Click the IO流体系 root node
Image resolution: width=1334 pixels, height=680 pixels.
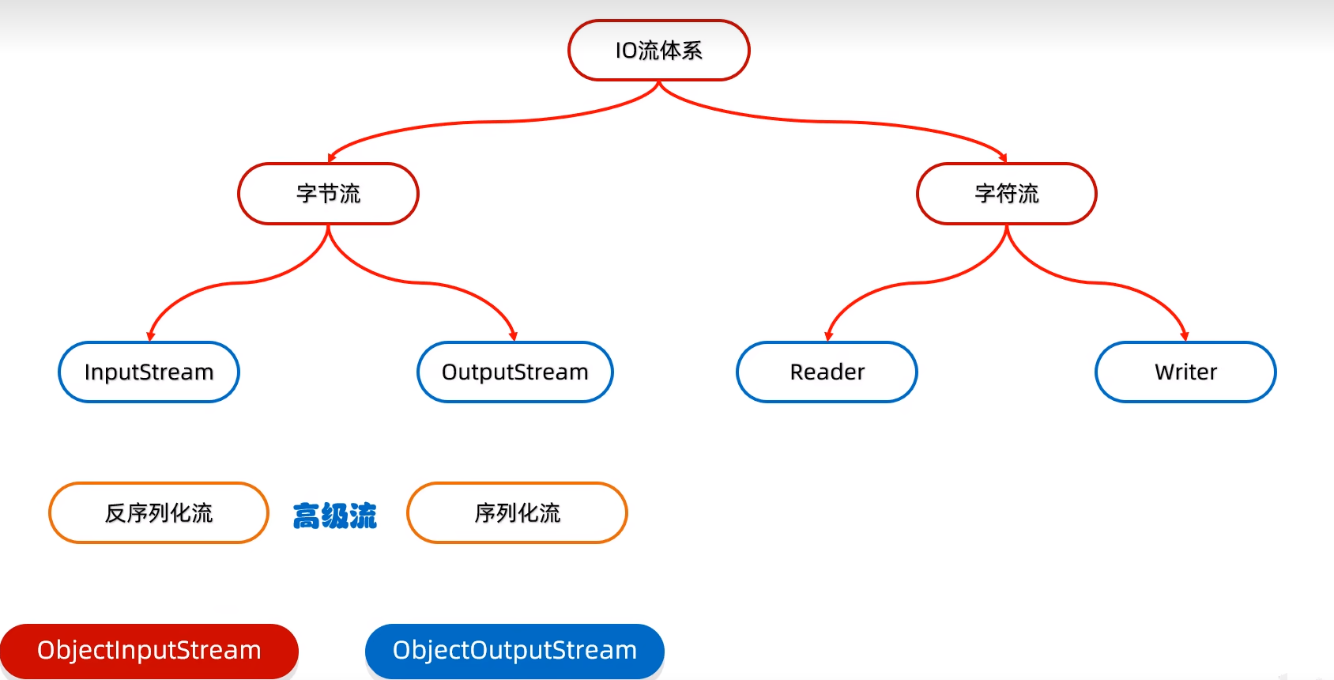tap(658, 51)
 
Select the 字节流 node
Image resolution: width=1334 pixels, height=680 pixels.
tap(328, 194)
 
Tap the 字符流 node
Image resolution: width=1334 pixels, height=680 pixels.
tap(1006, 194)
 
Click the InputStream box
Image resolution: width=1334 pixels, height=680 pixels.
tap(149, 372)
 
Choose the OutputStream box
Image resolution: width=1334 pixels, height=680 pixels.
tap(514, 372)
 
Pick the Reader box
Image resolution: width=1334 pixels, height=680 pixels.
tap(827, 372)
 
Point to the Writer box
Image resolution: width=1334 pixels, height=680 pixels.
tap(1185, 372)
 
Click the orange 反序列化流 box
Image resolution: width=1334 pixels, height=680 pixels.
tap(159, 513)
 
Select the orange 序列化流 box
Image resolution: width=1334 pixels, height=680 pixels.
tap(517, 513)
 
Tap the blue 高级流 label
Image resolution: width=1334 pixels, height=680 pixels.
tap(335, 516)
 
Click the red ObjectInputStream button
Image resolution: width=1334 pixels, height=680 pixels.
tap(149, 651)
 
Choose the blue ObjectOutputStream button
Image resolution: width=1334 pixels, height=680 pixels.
tap(514, 651)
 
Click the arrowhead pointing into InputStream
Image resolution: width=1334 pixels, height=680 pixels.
tap(150, 336)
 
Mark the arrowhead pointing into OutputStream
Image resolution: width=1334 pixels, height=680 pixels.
tap(513, 336)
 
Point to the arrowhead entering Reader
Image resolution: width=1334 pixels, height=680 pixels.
tap(828, 336)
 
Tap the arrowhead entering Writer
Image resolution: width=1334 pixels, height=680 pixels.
tap(1184, 336)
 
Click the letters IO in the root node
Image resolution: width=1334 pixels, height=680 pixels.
tap(626, 51)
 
